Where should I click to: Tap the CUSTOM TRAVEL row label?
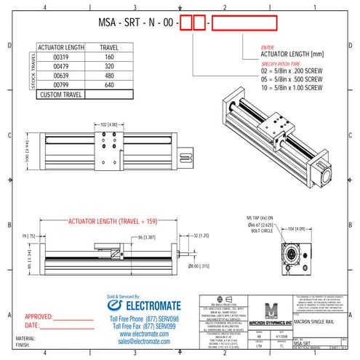click(60, 95)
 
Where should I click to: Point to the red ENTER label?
click(267, 47)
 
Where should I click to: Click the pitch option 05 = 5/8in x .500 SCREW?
click(292, 79)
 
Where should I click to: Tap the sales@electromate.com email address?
click(143, 340)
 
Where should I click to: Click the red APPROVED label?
click(40, 318)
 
